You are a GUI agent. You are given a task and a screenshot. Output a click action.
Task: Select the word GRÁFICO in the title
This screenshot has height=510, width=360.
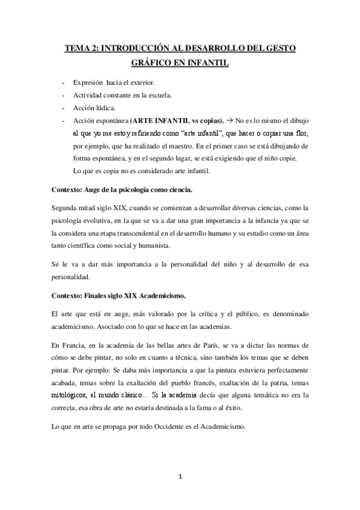pos(152,62)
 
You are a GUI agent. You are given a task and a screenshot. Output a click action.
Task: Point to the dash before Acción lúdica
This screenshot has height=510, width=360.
pos(62,108)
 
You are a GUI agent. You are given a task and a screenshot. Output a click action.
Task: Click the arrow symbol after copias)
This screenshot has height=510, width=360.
pos(232,120)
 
